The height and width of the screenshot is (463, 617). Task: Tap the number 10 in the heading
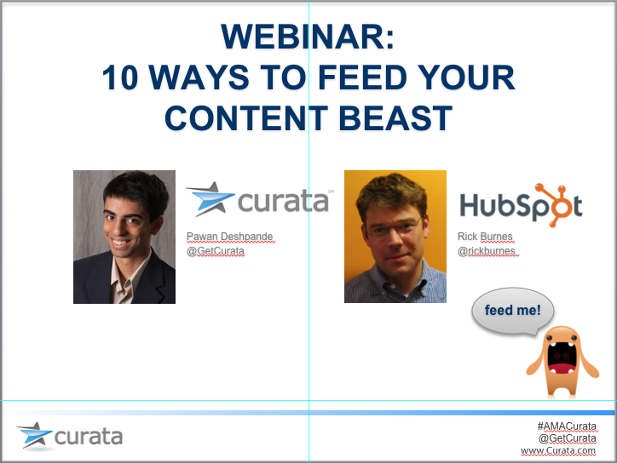(120, 77)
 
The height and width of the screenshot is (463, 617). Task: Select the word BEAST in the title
(395, 118)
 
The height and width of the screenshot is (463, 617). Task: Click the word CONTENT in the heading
(246, 118)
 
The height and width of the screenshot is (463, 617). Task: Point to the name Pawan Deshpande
(230, 237)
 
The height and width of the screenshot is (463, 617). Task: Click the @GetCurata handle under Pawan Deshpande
(216, 251)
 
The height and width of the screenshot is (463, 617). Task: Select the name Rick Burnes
(485, 237)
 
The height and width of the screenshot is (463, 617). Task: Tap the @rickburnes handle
(487, 251)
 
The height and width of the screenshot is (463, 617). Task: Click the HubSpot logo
(521, 205)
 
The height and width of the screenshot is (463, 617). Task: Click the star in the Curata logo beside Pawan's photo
(210, 199)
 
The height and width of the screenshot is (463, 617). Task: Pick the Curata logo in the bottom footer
(69, 436)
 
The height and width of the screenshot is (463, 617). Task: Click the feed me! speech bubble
(513, 311)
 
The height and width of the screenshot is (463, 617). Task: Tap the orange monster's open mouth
(562, 358)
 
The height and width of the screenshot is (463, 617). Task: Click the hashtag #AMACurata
(567, 426)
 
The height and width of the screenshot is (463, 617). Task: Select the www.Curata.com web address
(558, 451)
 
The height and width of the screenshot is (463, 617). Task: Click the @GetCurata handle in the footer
(568, 438)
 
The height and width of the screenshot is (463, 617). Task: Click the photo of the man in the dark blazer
(124, 237)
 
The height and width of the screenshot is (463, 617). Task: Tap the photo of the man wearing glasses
(395, 237)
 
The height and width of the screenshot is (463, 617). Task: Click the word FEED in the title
(362, 77)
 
